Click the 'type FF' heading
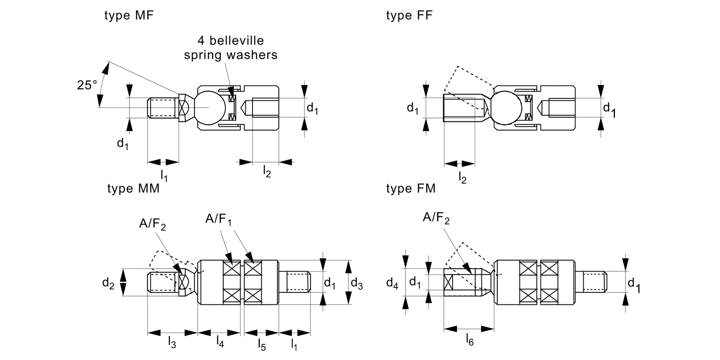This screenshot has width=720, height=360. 409,15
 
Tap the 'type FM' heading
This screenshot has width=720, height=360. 411,189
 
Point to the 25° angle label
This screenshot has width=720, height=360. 87,85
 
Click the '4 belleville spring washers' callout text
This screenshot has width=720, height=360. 231,47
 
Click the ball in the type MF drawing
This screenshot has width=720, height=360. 209,108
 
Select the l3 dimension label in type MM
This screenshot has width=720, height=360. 171,342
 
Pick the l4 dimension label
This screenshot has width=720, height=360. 219,342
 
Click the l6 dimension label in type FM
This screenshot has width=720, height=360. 470,340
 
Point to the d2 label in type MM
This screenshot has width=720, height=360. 108,283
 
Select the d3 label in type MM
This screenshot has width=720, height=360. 357,283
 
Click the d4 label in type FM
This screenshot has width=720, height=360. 392,283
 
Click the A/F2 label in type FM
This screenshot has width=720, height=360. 436,218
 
